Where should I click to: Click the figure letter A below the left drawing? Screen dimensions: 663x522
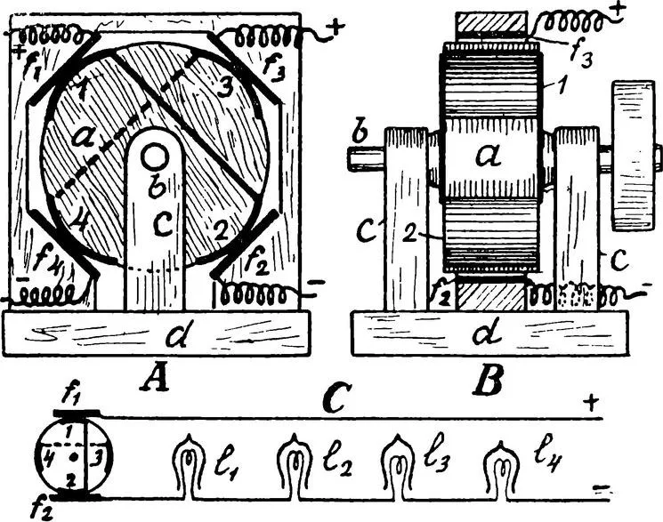(x=156, y=377)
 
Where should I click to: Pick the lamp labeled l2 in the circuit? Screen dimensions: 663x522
(x=293, y=466)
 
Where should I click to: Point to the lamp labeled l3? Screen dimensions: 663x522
(x=397, y=466)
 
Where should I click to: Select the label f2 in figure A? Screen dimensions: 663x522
(x=256, y=261)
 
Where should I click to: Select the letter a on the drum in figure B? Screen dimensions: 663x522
(x=489, y=156)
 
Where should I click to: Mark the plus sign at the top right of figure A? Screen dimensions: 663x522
(x=336, y=28)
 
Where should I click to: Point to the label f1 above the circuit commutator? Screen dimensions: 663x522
(x=71, y=396)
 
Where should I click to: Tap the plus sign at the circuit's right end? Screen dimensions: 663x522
(x=591, y=403)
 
